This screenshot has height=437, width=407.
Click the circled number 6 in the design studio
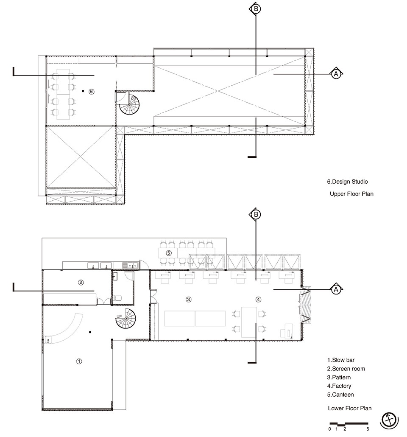[x=92, y=91]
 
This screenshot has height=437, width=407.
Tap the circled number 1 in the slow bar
[x=79, y=361]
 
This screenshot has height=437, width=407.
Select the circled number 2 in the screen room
[x=81, y=282]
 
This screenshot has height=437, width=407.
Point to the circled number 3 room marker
[x=189, y=299]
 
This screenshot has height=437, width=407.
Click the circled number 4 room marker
[x=259, y=299]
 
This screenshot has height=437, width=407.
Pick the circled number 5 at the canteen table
[x=169, y=253]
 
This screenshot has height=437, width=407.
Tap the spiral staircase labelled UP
[x=126, y=319]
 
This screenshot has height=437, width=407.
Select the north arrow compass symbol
[x=389, y=420]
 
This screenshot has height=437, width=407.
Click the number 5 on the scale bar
[x=368, y=429]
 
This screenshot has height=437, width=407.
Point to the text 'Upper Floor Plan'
[x=351, y=194]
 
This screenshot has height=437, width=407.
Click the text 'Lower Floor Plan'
[x=350, y=408]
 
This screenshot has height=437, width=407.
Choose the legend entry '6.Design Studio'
[x=347, y=182]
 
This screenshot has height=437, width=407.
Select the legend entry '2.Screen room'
[x=346, y=369]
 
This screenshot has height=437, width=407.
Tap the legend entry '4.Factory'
[x=339, y=386]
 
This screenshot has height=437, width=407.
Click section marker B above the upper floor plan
[x=256, y=8]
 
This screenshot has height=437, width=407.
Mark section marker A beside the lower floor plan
[x=336, y=289]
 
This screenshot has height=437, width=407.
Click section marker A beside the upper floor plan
[x=336, y=74]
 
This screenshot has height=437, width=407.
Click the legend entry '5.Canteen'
[x=340, y=395]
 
